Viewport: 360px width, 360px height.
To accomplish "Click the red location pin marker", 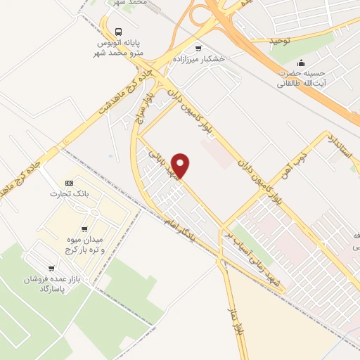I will point(181,165).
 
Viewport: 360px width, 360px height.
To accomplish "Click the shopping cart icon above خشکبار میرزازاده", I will point(198,49).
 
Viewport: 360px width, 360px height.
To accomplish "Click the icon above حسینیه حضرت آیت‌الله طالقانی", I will point(302,63).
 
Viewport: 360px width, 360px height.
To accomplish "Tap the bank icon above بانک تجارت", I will point(68,181).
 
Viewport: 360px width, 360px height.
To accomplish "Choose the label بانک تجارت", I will point(68,193).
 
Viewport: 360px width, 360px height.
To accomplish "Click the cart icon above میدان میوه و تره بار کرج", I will point(84,229).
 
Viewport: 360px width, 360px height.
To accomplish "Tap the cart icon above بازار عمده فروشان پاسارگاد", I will point(52,269).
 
